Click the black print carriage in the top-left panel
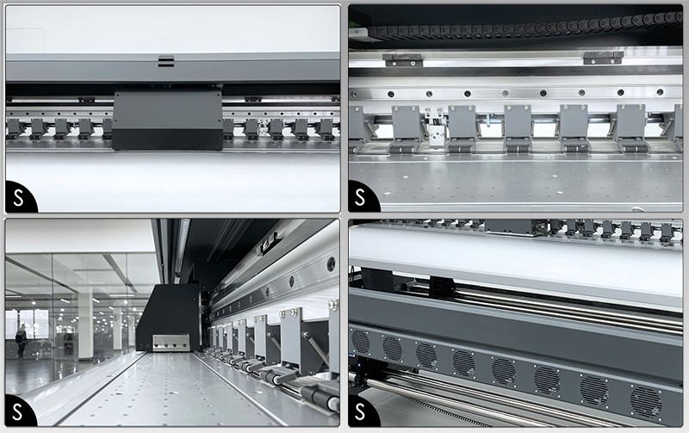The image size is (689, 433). [x=167, y=121]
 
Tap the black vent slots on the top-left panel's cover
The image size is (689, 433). [x=165, y=61]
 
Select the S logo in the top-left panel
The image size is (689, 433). [x=18, y=197]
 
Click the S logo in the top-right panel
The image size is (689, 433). [x=360, y=197]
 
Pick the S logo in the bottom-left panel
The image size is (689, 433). [x=17, y=411]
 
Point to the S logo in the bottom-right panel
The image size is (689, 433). [x=360, y=411]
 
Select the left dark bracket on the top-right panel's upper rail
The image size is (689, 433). [x=403, y=60]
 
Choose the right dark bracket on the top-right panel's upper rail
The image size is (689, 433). [x=604, y=58]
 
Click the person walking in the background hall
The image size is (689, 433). [x=21, y=340]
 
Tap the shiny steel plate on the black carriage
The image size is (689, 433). [x=171, y=343]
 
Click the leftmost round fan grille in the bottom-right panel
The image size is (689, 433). [x=360, y=342]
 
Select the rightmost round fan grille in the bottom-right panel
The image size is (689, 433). [x=646, y=403]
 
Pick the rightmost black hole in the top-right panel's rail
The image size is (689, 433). [x=660, y=92]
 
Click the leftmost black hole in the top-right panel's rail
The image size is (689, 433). [x=391, y=94]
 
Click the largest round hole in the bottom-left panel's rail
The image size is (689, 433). [x=331, y=264]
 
